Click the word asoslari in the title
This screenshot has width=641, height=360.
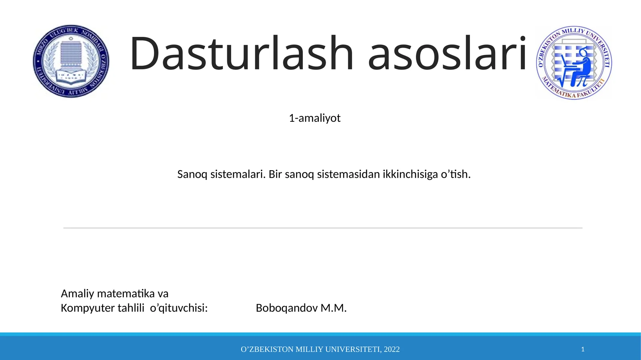tap(447, 54)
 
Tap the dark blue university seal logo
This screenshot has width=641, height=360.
tap(71, 61)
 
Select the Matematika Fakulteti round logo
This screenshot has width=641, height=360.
tap(574, 62)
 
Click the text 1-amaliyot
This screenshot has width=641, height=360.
tap(314, 118)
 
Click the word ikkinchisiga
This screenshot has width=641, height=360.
tap(410, 175)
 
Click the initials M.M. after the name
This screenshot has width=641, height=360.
tap(334, 308)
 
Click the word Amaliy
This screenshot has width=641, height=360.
tap(77, 294)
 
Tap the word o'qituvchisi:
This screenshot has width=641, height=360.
tap(179, 308)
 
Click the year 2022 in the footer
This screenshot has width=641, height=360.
tap(392, 349)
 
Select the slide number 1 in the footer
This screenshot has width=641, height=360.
tap(583, 349)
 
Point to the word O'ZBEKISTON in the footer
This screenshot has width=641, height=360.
tap(267, 349)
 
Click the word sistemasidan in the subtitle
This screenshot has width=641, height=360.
tap(347, 175)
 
